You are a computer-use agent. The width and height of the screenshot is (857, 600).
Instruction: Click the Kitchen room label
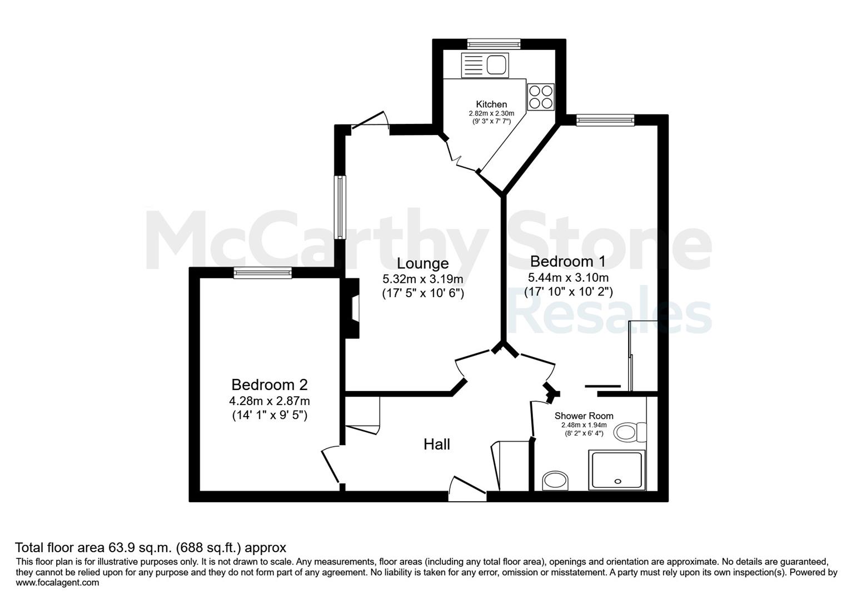tap(491, 104)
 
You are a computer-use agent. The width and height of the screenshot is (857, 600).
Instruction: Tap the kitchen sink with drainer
tap(485, 65)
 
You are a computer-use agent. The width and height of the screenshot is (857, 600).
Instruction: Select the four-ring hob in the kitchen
tap(541, 97)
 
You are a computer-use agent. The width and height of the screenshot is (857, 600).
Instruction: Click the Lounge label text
tap(423, 263)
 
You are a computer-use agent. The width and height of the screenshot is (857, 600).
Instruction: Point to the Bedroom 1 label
tap(568, 262)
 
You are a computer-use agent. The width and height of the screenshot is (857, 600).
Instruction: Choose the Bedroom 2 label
tap(270, 384)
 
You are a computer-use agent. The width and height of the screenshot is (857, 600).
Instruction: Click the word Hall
tap(436, 444)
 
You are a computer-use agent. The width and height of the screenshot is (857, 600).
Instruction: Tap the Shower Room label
tap(584, 416)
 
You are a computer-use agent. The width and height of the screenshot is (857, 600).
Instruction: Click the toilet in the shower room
tap(630, 433)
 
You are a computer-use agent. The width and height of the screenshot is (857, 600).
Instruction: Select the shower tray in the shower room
tap(617, 471)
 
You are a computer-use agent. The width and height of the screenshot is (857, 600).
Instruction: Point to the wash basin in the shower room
tap(555, 481)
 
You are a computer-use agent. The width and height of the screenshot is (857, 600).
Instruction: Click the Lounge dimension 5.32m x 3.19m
tap(423, 279)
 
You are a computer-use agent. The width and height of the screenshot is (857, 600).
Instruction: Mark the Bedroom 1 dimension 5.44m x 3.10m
tap(568, 277)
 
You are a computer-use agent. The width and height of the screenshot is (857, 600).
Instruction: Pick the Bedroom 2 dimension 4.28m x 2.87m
tap(270, 401)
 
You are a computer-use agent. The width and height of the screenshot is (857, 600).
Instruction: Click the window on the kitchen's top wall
tap(494, 44)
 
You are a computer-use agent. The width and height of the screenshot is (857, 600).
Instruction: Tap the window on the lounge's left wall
tap(340, 207)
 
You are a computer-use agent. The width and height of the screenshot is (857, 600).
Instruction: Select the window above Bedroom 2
tap(263, 273)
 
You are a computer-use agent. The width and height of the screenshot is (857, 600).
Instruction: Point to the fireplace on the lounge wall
tap(351, 308)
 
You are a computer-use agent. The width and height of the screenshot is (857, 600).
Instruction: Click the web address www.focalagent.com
tap(57, 583)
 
